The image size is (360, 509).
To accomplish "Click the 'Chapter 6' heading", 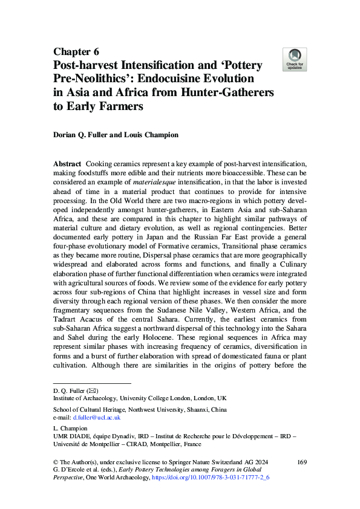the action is pos(76,51).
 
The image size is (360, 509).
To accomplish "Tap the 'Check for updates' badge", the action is pos(295,60).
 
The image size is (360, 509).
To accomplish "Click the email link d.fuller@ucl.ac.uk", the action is pos(96,417).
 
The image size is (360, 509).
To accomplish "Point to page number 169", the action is pos(302,462).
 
